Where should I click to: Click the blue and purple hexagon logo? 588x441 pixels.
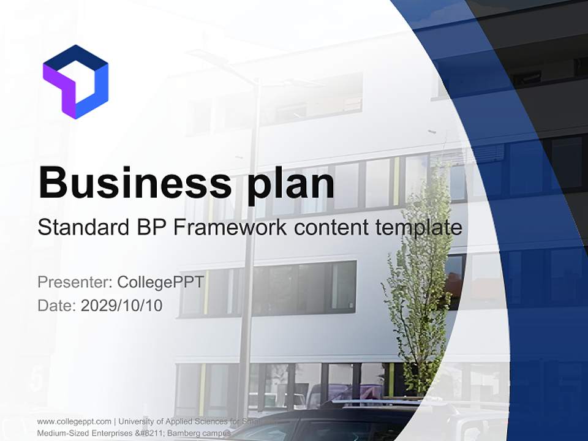(x=75, y=81)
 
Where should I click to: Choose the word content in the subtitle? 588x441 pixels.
(x=330, y=228)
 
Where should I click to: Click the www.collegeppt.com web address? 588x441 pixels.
(x=74, y=421)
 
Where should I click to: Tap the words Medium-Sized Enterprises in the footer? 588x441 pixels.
(x=86, y=433)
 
